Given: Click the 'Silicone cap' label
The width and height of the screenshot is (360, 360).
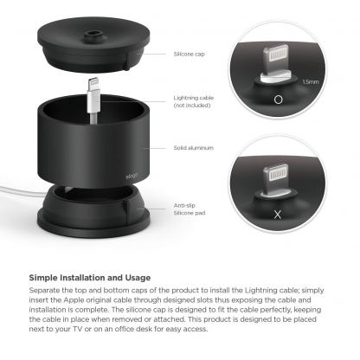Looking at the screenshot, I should coord(190,53).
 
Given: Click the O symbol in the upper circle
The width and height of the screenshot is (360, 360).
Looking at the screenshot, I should coord(277,100).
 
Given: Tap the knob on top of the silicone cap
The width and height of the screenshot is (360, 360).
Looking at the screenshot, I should coord(90,35).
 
